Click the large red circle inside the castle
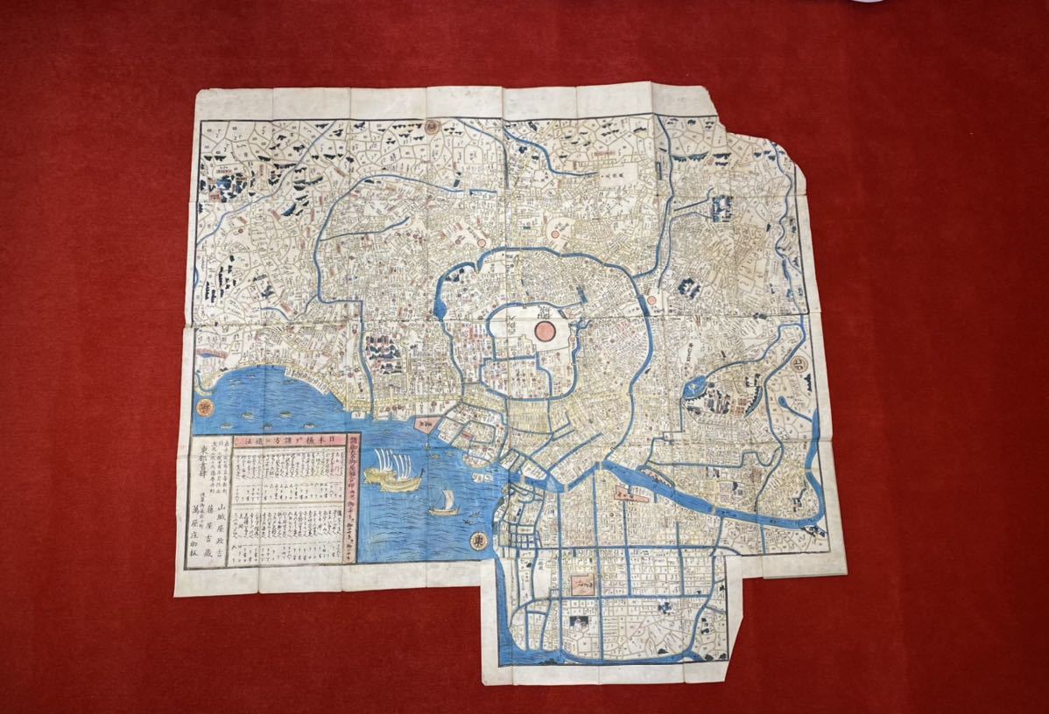[543, 331]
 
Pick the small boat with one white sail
[442, 502]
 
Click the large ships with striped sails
[391, 467]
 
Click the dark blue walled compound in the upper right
[722, 209]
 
